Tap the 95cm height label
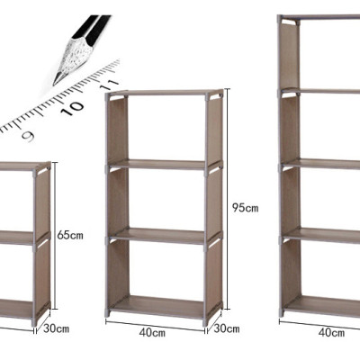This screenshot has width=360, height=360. coord(245,208)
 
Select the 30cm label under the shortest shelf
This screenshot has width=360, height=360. coord(56,328)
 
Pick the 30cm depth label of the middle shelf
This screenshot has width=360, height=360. coord(226,329)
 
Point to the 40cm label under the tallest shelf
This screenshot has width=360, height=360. coord(332,332)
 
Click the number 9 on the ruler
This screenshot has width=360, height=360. coord(28,136)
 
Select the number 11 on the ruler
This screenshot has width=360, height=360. coord(109,84)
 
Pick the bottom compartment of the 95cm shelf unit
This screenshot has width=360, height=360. coord(162,270)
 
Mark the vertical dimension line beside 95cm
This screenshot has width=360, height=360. coord(228,207)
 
